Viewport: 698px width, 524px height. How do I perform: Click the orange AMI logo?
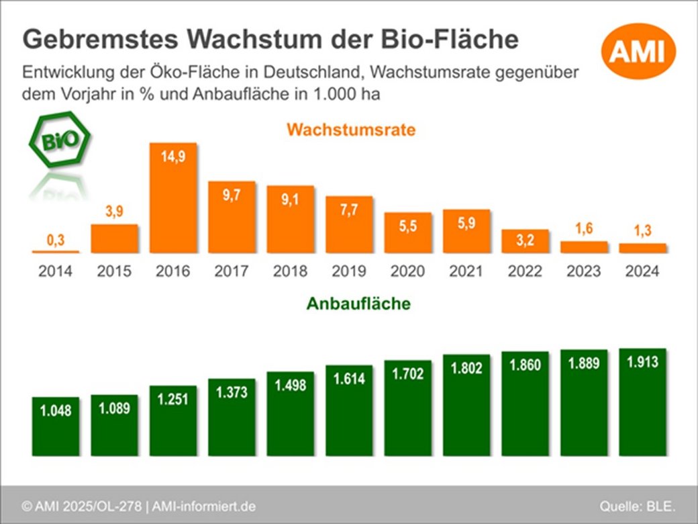(x=637, y=51)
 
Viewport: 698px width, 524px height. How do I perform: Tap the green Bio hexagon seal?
(x=59, y=141)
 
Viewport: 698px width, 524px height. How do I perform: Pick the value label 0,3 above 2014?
(x=55, y=240)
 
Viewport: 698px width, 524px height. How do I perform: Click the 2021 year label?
(x=466, y=271)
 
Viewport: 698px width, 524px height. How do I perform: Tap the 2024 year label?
(x=642, y=271)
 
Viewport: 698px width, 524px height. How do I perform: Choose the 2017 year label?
(x=232, y=271)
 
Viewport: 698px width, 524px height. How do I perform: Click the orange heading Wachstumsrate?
(x=351, y=130)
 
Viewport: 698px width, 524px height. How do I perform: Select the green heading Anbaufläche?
(x=358, y=304)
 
